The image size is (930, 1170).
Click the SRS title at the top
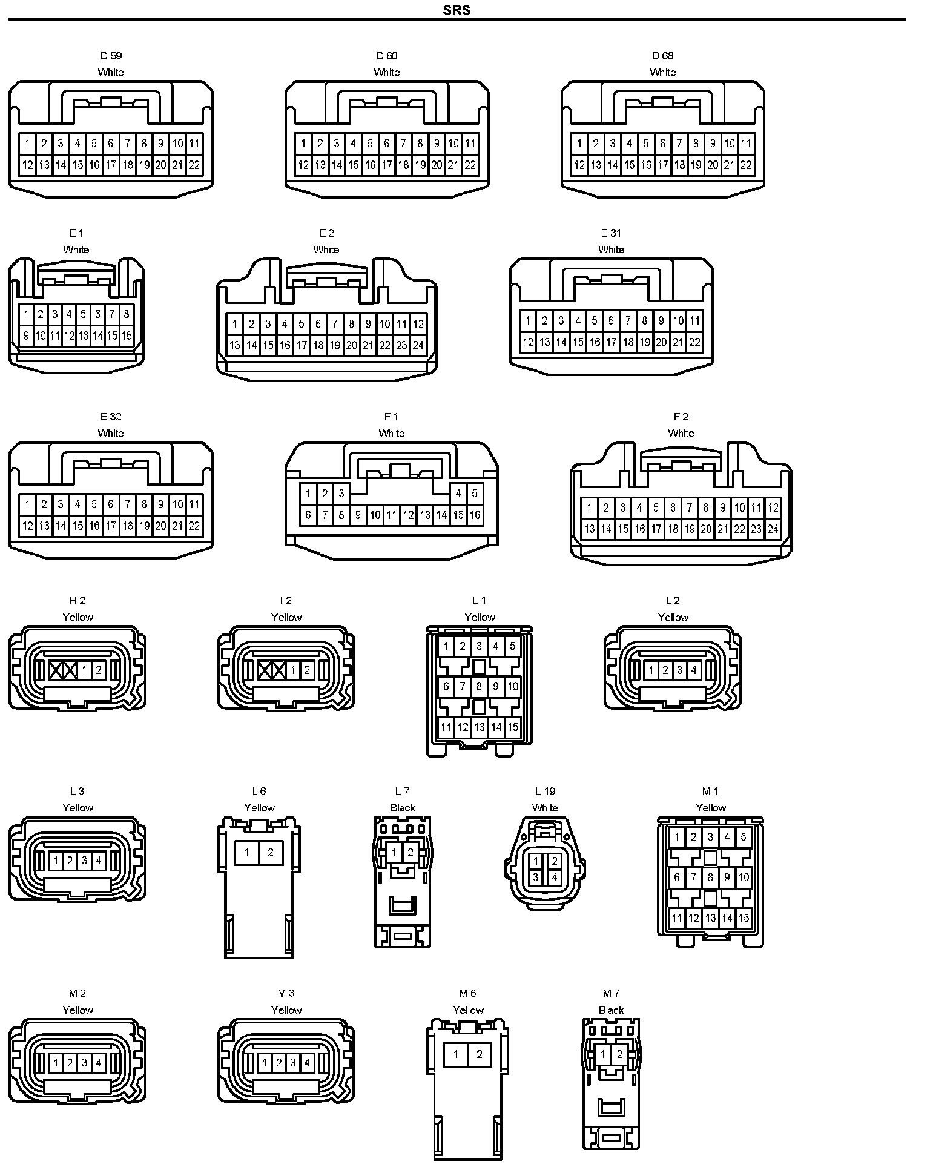click(457, 10)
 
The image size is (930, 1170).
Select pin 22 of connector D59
click(194, 165)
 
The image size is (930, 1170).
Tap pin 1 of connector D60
click(303, 144)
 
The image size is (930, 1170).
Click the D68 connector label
click(662, 56)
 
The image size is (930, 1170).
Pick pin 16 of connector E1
click(127, 335)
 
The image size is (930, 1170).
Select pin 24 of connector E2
click(418, 346)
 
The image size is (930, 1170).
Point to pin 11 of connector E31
click(694, 320)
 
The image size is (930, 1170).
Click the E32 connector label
click(111, 417)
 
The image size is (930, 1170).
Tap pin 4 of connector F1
click(458, 493)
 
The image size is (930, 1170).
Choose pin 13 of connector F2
click(589, 529)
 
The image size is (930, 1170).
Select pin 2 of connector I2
click(307, 670)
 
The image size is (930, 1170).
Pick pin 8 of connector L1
click(479, 687)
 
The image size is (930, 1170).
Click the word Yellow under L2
click(673, 617)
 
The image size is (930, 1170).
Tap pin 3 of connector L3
click(84, 860)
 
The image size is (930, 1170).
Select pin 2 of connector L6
click(271, 853)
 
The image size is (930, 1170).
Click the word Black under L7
click(403, 808)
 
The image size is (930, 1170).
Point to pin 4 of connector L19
click(554, 876)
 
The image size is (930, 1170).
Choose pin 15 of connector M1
click(744, 918)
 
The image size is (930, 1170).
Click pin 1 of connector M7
click(603, 1054)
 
